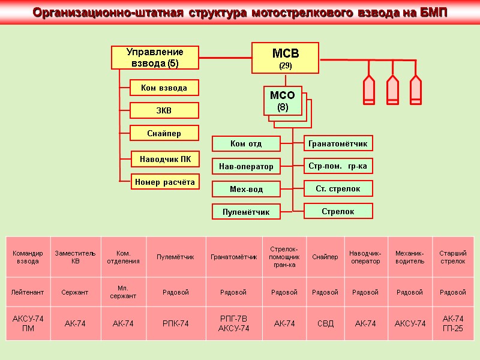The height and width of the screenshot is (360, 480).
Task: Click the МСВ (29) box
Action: (x=285, y=58)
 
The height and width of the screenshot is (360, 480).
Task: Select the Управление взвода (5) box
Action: (x=155, y=57)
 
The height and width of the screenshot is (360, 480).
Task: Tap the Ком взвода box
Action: (x=164, y=88)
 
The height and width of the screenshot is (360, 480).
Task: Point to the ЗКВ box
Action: (x=164, y=110)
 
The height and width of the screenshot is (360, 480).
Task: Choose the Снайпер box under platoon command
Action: (x=164, y=133)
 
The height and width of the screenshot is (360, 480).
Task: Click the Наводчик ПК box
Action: (x=165, y=159)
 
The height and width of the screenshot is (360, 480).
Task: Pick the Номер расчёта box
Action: (x=165, y=181)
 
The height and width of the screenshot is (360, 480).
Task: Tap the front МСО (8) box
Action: (x=283, y=101)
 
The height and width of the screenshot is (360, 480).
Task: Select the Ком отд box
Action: (x=246, y=143)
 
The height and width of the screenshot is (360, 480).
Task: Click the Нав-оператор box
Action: (x=246, y=166)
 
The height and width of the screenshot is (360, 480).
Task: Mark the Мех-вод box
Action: (x=246, y=189)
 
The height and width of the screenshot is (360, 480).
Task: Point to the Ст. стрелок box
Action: (x=338, y=188)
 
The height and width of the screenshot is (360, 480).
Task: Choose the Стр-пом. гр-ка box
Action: (x=338, y=166)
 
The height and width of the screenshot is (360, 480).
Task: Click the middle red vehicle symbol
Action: (x=392, y=88)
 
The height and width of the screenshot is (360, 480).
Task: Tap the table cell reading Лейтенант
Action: (x=28, y=292)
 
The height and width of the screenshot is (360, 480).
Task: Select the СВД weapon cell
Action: (x=325, y=323)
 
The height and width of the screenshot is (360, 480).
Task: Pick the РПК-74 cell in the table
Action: (x=176, y=323)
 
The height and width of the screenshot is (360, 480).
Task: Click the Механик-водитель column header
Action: (x=410, y=257)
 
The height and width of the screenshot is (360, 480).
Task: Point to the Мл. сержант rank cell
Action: (x=123, y=292)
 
